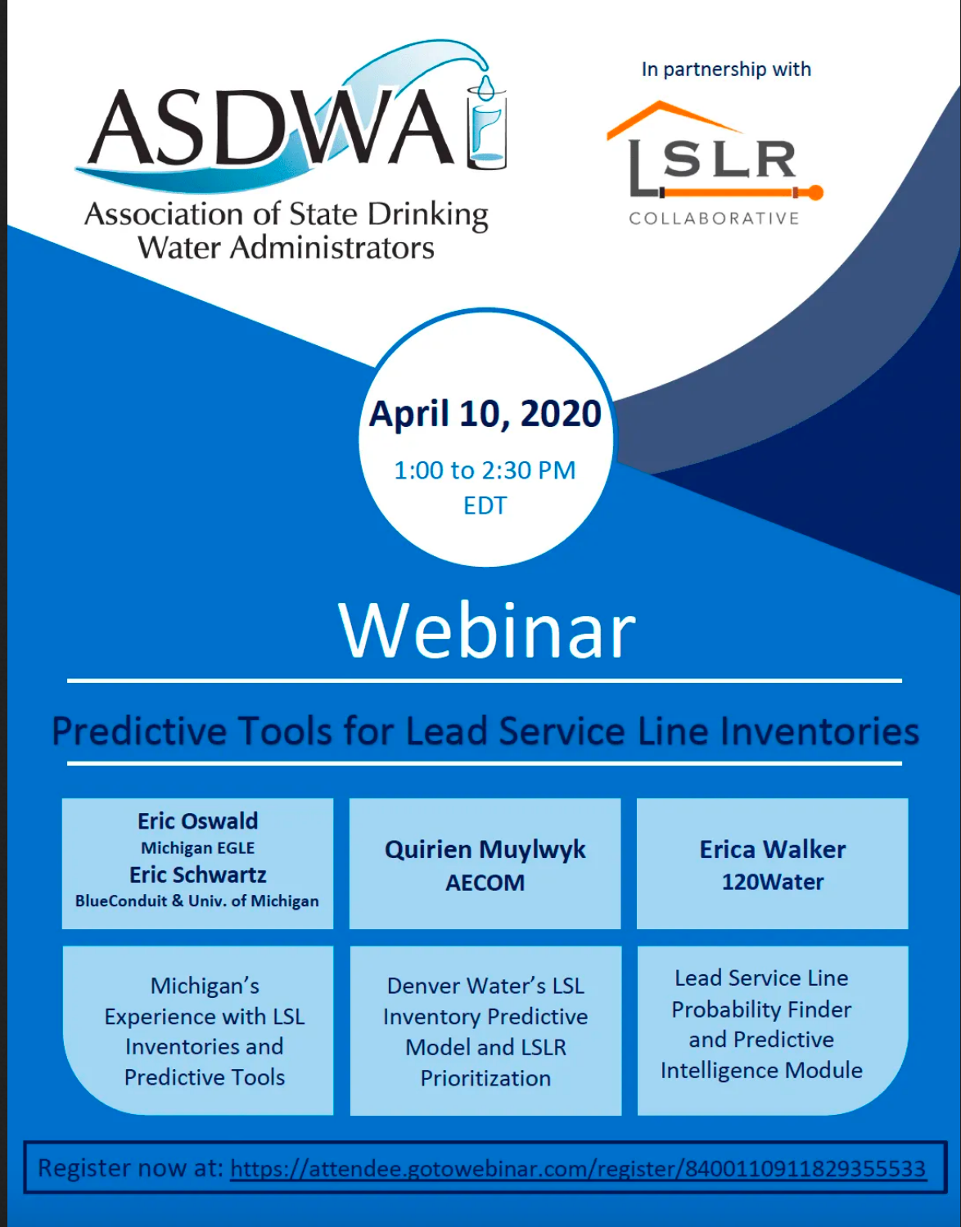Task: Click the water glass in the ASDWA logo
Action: click(x=486, y=128)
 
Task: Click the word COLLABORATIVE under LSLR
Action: click(x=714, y=218)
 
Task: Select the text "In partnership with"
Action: click(x=726, y=70)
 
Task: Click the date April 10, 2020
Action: click(x=485, y=414)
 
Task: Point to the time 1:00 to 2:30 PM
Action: click(x=485, y=470)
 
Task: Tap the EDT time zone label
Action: click(x=485, y=506)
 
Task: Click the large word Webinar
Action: click(x=486, y=630)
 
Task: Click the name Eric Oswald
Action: click(x=198, y=821)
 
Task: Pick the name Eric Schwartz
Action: click(x=198, y=874)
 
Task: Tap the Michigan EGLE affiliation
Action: click(x=198, y=848)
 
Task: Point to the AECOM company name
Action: click(x=485, y=883)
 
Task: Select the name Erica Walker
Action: click(x=773, y=849)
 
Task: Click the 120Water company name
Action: click(x=773, y=882)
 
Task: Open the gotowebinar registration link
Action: click(x=578, y=1168)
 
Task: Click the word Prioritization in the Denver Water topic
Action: click(x=485, y=1078)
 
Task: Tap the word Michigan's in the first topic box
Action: click(x=205, y=986)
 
